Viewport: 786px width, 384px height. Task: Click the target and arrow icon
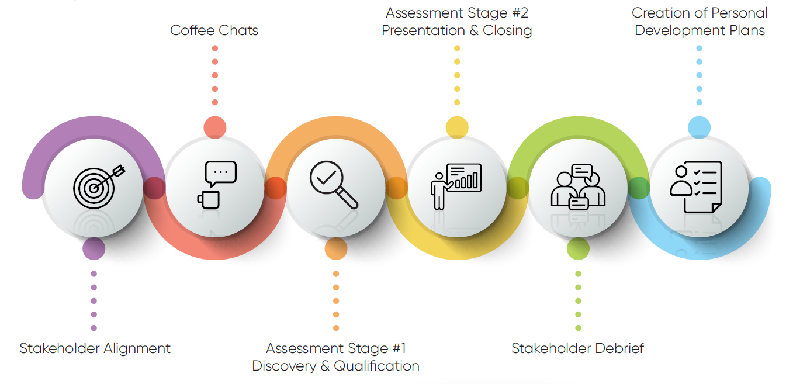pos(99,186)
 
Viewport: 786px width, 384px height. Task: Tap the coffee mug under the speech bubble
pos(209,200)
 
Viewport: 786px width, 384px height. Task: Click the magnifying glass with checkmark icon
pos(334,185)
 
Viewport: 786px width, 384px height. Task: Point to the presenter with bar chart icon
pos(456,186)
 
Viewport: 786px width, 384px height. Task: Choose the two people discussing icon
pos(578,186)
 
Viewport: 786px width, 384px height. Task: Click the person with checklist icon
pos(696,187)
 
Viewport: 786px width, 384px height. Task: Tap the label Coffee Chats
pos(214,30)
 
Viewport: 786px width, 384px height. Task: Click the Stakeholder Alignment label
pos(95,348)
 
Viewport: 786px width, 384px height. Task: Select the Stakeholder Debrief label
pos(577,348)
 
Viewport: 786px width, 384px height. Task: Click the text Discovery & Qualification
pos(335,366)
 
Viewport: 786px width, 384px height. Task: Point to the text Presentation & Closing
pos(457,30)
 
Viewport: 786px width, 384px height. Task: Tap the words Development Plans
pos(700,30)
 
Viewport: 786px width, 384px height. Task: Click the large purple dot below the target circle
pos(94,248)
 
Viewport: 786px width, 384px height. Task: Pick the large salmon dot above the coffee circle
pos(214,127)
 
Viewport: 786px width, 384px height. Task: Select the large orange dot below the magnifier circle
pos(336,248)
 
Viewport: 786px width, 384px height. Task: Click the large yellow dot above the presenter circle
pos(457,127)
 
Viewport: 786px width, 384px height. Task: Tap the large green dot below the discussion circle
pos(578,248)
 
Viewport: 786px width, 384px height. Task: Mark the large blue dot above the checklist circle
pos(699,127)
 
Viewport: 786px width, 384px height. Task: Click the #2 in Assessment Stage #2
pos(520,13)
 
